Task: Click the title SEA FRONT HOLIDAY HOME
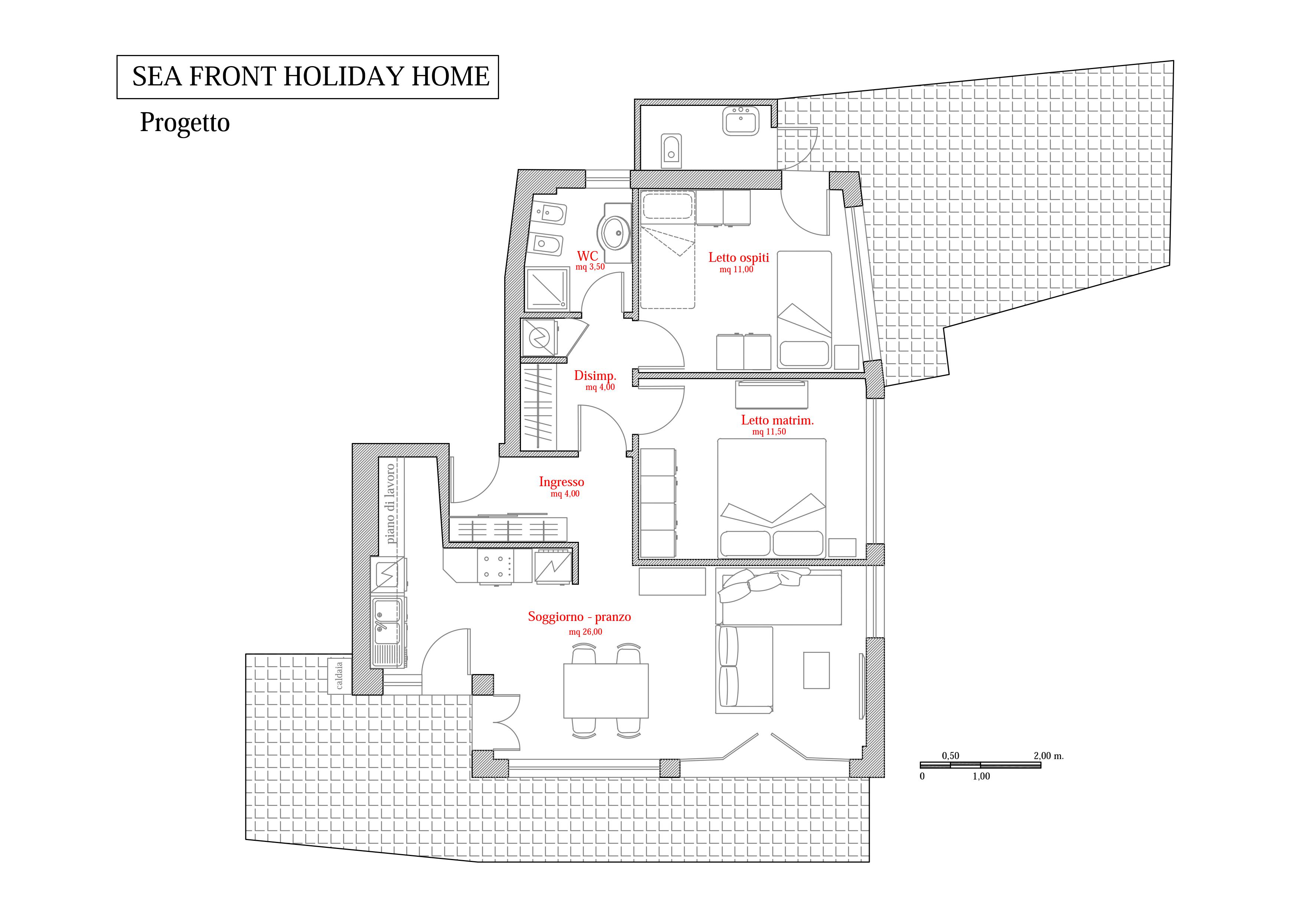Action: [310, 77]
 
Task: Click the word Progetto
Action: [185, 123]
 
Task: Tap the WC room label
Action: [587, 257]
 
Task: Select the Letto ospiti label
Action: [738, 258]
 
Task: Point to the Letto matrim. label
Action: [777, 420]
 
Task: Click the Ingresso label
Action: [561, 482]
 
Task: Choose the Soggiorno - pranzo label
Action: [579, 617]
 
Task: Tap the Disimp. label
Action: [595, 376]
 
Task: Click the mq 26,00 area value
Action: [585, 632]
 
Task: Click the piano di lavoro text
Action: [390, 503]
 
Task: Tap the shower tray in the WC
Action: [547, 288]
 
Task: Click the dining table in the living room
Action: [606, 691]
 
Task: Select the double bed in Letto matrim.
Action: [771, 498]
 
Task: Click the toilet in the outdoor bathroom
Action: [671, 150]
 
